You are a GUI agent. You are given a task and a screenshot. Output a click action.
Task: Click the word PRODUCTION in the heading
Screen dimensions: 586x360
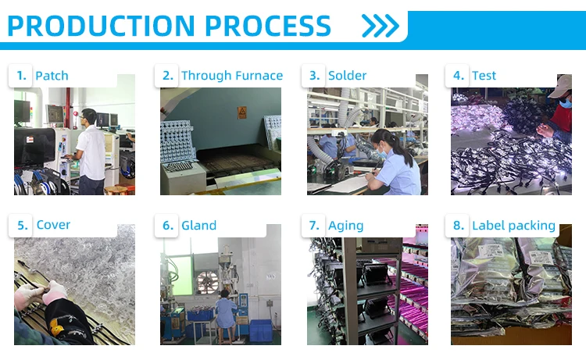click(101, 26)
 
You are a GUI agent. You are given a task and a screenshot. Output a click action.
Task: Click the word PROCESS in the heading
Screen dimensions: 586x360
click(268, 26)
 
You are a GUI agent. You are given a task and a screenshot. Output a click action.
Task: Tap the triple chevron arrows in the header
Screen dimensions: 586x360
click(381, 26)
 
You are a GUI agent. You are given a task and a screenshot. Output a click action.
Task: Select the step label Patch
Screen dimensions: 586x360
click(52, 76)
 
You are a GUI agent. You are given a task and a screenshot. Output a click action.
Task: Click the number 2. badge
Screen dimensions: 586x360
click(168, 76)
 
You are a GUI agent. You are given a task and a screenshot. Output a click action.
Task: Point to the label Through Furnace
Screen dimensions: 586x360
click(232, 76)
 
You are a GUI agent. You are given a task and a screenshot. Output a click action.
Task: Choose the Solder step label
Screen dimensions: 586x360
click(347, 76)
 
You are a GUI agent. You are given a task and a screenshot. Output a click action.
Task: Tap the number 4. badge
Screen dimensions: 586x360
click(458, 76)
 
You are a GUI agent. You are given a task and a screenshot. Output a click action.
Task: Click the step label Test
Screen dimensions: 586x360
click(484, 76)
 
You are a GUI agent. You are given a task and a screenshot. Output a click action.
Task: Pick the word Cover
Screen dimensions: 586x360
click(53, 225)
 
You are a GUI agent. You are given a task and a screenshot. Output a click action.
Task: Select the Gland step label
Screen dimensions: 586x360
click(198, 225)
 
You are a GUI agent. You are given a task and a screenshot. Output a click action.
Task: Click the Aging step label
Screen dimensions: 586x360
click(345, 226)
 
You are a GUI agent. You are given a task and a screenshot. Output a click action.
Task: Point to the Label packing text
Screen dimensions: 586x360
click(513, 226)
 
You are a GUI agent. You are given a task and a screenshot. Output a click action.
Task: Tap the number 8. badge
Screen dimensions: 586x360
click(458, 225)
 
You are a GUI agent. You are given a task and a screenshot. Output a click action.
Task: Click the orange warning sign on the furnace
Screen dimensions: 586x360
click(241, 112)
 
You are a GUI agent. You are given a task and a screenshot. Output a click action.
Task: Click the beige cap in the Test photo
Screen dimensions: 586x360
click(559, 86)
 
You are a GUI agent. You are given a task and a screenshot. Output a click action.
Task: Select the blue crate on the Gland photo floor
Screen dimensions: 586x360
click(260, 331)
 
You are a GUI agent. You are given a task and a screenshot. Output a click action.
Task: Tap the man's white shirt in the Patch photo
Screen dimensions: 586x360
click(91, 153)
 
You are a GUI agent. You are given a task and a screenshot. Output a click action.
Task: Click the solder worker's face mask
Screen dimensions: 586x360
click(381, 152)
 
